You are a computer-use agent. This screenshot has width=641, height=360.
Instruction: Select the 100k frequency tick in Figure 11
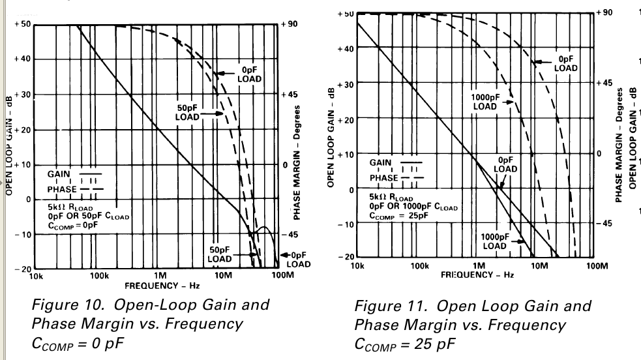coord(419,266)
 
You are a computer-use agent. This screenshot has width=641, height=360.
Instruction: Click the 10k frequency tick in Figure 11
coord(357,266)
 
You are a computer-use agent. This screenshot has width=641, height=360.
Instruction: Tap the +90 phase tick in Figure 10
coord(290,24)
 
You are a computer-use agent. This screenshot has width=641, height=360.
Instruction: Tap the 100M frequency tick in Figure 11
coord(595,266)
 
